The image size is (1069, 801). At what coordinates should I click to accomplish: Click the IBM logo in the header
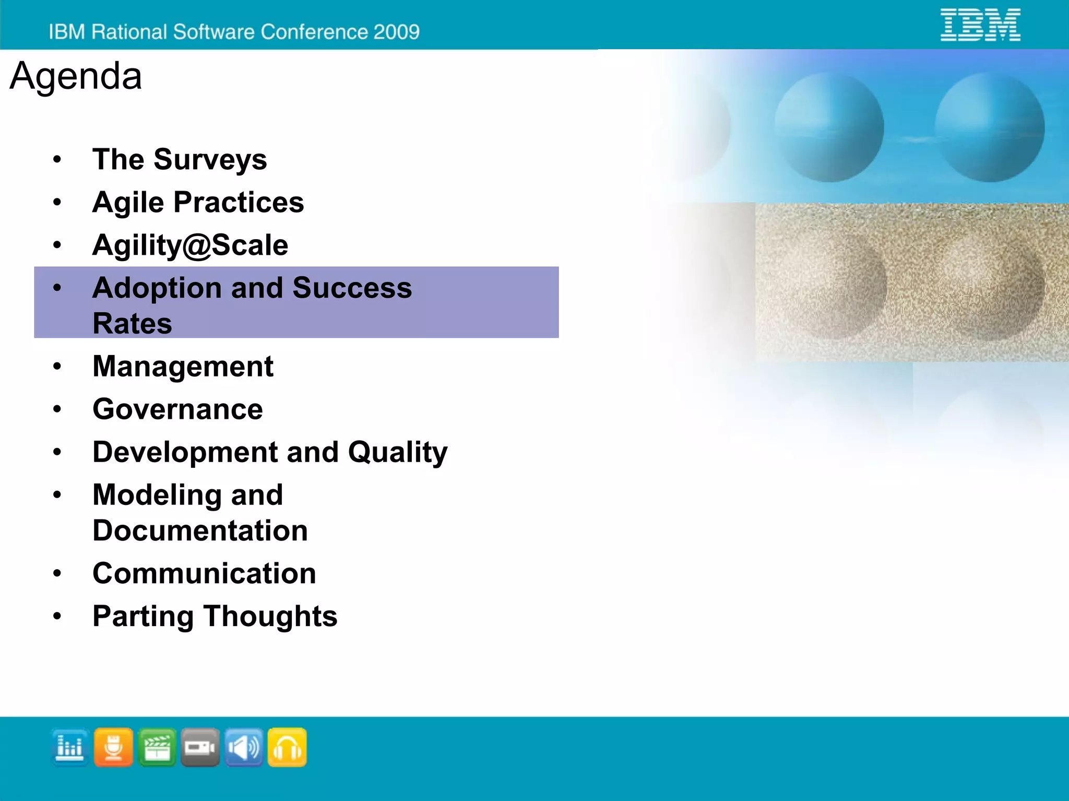pyautogui.click(x=980, y=25)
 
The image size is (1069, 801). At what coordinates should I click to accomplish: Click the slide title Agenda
pyautogui.click(x=76, y=76)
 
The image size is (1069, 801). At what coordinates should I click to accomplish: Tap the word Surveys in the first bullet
pyautogui.click(x=210, y=160)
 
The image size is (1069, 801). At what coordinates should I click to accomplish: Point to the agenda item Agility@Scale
pyautogui.click(x=190, y=245)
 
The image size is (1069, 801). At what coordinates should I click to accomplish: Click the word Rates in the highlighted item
pyautogui.click(x=132, y=323)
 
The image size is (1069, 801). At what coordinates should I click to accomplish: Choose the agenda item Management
pyautogui.click(x=183, y=366)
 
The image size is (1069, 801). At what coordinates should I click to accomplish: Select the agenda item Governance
pyautogui.click(x=177, y=409)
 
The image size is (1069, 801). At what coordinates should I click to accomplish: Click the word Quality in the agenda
pyautogui.click(x=398, y=452)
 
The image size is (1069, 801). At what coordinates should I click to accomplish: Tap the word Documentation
pyautogui.click(x=200, y=531)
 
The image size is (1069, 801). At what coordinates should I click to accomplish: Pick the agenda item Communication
pyautogui.click(x=204, y=573)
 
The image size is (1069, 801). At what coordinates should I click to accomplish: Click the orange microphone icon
pyautogui.click(x=113, y=747)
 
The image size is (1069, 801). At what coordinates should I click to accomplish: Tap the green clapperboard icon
pyautogui.click(x=157, y=747)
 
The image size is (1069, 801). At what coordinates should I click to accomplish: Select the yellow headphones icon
pyautogui.click(x=287, y=747)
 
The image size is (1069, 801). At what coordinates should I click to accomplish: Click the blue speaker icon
pyautogui.click(x=244, y=747)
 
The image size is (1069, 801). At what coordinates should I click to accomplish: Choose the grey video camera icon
pyautogui.click(x=200, y=747)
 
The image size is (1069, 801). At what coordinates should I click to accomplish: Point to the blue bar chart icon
pyautogui.click(x=70, y=747)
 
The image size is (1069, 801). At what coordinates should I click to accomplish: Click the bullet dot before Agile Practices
pyautogui.click(x=57, y=202)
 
